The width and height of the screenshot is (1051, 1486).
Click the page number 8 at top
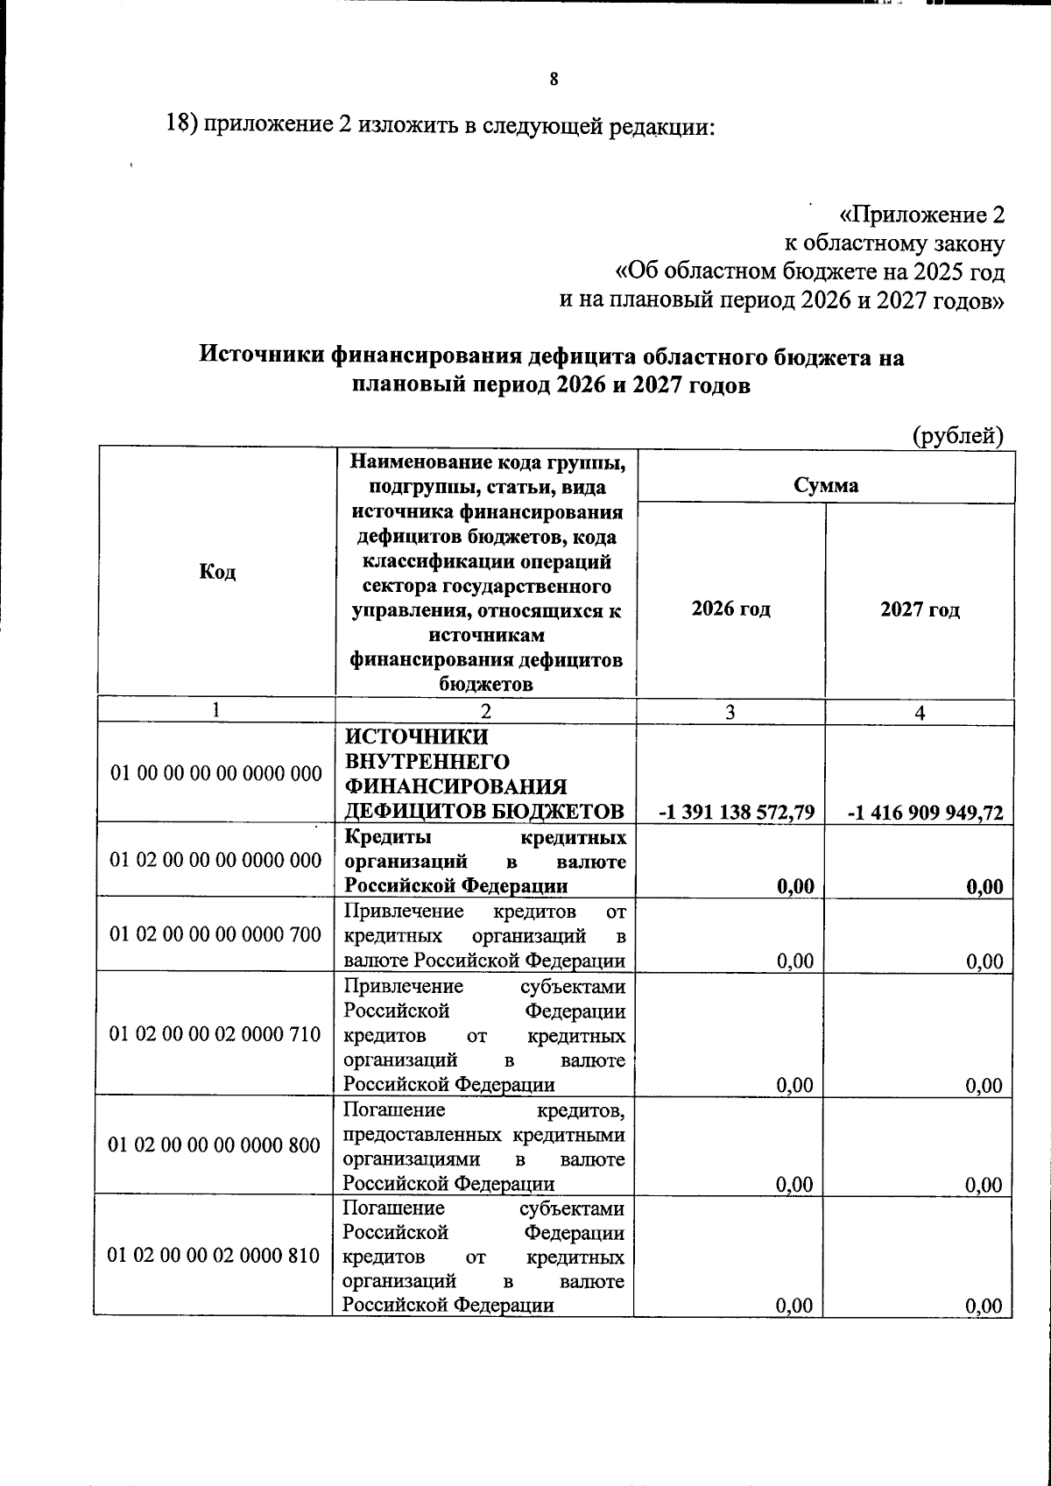(x=554, y=80)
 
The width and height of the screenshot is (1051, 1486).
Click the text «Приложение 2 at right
(x=921, y=215)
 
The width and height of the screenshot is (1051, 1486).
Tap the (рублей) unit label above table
(x=957, y=435)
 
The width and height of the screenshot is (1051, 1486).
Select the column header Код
(x=217, y=572)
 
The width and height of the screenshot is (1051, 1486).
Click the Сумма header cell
(x=826, y=484)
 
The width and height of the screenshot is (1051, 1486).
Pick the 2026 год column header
(x=731, y=608)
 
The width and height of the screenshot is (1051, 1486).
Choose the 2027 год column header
(x=920, y=609)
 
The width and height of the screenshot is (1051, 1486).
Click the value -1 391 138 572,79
(x=737, y=813)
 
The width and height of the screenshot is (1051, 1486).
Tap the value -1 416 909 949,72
(x=925, y=813)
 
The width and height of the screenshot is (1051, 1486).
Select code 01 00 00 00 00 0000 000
(x=215, y=773)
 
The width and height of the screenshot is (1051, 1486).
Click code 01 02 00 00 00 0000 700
(x=215, y=934)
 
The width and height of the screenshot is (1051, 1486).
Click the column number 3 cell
(x=730, y=713)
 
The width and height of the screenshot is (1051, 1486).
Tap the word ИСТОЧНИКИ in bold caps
(x=405, y=736)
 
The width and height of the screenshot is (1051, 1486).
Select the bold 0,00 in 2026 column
(x=795, y=886)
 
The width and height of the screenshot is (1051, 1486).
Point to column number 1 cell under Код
(x=216, y=710)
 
